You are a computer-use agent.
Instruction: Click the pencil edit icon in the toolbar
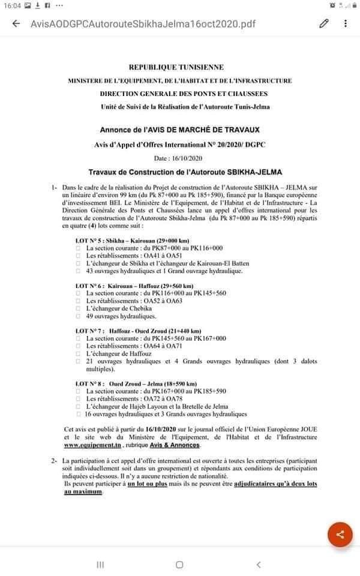[324, 24]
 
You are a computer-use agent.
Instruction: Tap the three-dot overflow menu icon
[346, 24]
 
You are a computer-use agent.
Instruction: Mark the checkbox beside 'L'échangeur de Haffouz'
[79, 355]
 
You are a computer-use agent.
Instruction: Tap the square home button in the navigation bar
[179, 565]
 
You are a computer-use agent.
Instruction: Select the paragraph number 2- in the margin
[56, 460]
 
